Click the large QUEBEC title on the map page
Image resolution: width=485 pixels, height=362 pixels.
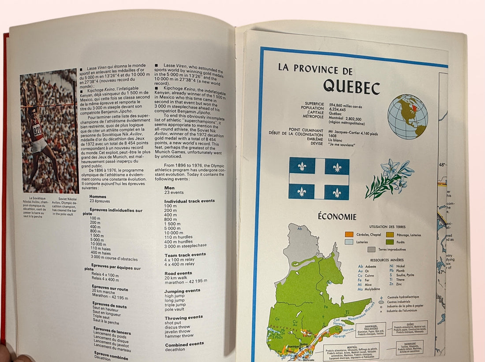[x=351, y=86]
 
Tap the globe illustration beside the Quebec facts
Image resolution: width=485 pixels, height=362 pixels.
[x=407, y=117]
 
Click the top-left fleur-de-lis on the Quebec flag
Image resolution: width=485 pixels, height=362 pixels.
[x=302, y=166]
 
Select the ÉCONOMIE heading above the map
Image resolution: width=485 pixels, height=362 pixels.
[x=337, y=217]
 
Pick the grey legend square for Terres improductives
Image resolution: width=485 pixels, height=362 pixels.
[x=371, y=249]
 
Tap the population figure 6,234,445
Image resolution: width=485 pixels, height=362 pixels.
[x=340, y=109]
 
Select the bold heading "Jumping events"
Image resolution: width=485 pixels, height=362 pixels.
[x=182, y=291]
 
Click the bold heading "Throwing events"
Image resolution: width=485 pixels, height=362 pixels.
[x=183, y=318]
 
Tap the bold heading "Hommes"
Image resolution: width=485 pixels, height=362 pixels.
[x=97, y=196]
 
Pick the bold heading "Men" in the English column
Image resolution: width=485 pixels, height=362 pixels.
[x=169, y=188]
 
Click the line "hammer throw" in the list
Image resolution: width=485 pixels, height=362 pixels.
[x=179, y=336]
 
